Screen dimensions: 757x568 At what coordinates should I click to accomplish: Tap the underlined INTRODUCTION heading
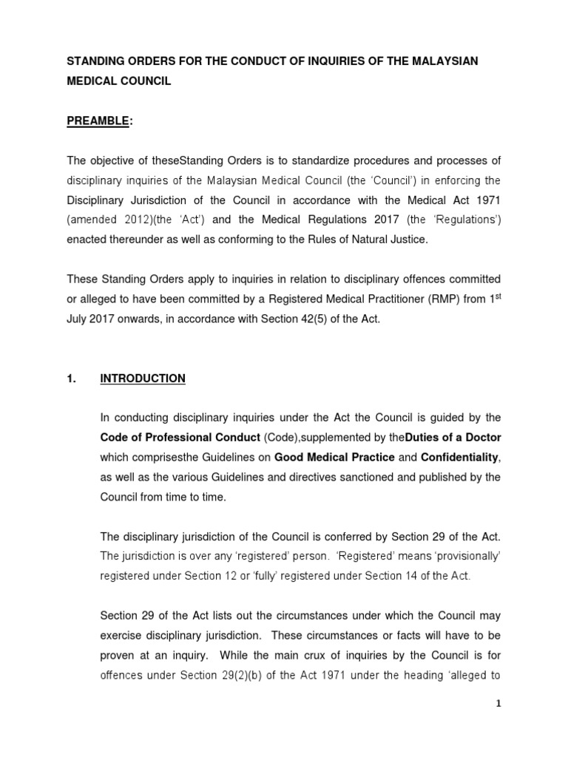click(x=143, y=378)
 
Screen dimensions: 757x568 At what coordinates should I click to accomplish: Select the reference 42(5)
click(x=315, y=319)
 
